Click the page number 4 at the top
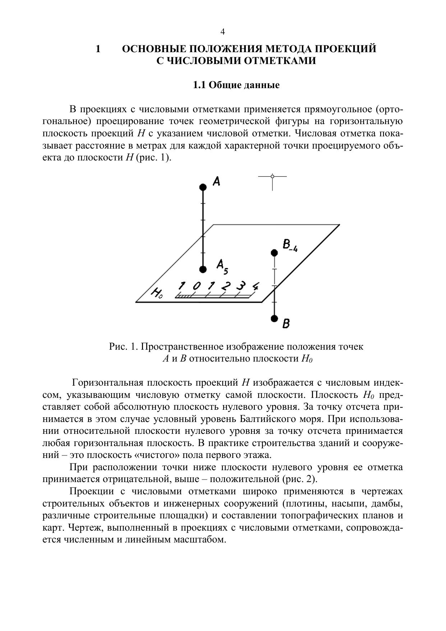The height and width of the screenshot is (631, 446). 222,32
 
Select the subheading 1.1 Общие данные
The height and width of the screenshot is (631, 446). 236,85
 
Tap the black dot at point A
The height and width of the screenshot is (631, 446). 203,187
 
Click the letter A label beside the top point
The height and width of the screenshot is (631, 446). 216,181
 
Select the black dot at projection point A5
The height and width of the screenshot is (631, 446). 203,269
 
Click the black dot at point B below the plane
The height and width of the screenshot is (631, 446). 275,318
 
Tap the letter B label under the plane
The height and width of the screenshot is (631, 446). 286,324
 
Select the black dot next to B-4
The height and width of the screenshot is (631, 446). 275,253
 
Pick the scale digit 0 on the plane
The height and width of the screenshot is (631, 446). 196,286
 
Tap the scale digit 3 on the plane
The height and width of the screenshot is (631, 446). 240,286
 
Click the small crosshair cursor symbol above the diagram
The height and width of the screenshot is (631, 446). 272,177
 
